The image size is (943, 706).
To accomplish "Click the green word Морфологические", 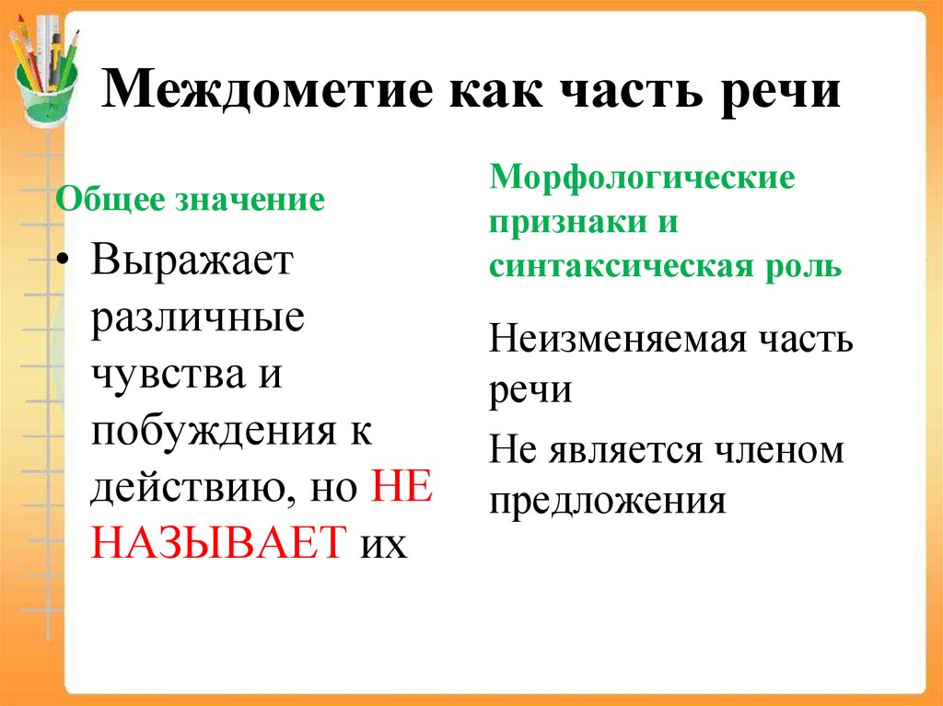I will pyautogui.click(x=642, y=177).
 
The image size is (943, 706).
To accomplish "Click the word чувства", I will pyautogui.click(x=163, y=376).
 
